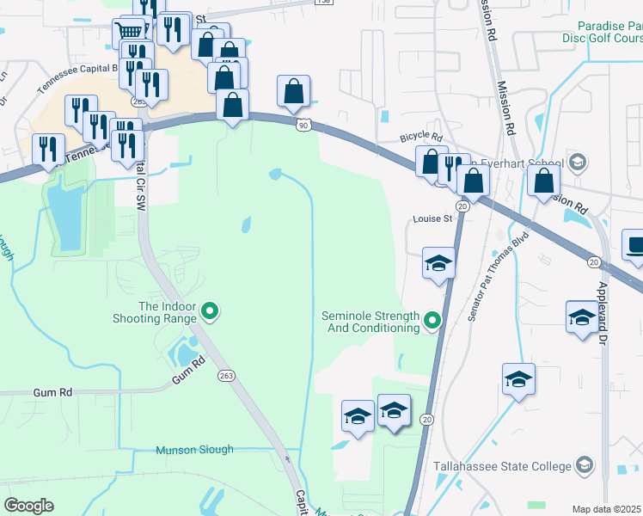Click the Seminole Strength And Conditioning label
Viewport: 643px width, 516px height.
pyautogui.click(x=370, y=322)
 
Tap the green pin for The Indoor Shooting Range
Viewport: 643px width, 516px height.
pyautogui.click(x=208, y=312)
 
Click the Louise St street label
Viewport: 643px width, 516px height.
pyautogui.click(x=432, y=219)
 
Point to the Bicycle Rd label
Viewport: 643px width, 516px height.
pyautogui.click(x=421, y=138)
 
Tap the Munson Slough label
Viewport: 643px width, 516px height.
pyautogui.click(x=194, y=450)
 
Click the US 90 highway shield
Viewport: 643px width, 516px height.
pyautogui.click(x=303, y=126)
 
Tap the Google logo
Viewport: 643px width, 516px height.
pyautogui.click(x=28, y=506)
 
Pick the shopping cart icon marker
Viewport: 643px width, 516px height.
pyautogui.click(x=129, y=33)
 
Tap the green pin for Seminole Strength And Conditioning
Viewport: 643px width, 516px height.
pyautogui.click(x=432, y=322)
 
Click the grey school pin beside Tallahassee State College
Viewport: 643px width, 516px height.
pyautogui.click(x=585, y=465)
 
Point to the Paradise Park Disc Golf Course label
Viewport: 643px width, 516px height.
pyautogui.click(x=611, y=33)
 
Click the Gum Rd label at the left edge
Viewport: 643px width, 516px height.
pyautogui.click(x=53, y=392)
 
